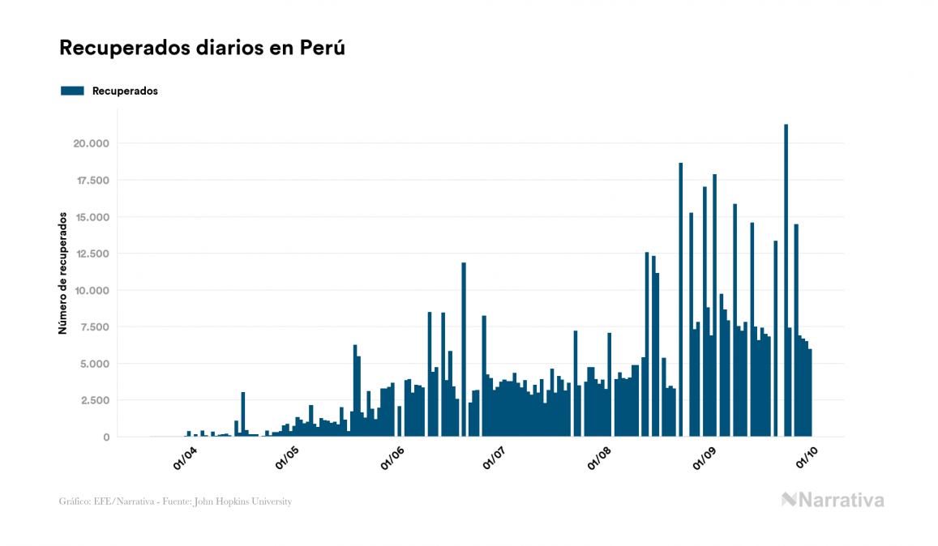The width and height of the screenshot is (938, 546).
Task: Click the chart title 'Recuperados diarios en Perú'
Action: [202, 48]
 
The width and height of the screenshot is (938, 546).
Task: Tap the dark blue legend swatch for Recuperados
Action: [72, 91]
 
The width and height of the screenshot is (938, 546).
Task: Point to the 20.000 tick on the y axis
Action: [92, 144]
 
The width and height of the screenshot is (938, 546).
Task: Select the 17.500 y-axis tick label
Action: [92, 181]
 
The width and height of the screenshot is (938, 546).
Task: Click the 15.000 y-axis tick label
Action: [92, 217]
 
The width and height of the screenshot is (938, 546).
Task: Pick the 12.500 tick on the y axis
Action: [92, 254]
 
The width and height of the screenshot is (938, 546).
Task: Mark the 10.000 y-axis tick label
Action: [92, 291]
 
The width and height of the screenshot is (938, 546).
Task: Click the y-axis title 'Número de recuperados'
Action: [62, 274]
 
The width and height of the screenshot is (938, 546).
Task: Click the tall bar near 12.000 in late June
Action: [464, 348]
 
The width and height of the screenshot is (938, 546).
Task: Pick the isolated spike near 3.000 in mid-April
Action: [243, 414]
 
